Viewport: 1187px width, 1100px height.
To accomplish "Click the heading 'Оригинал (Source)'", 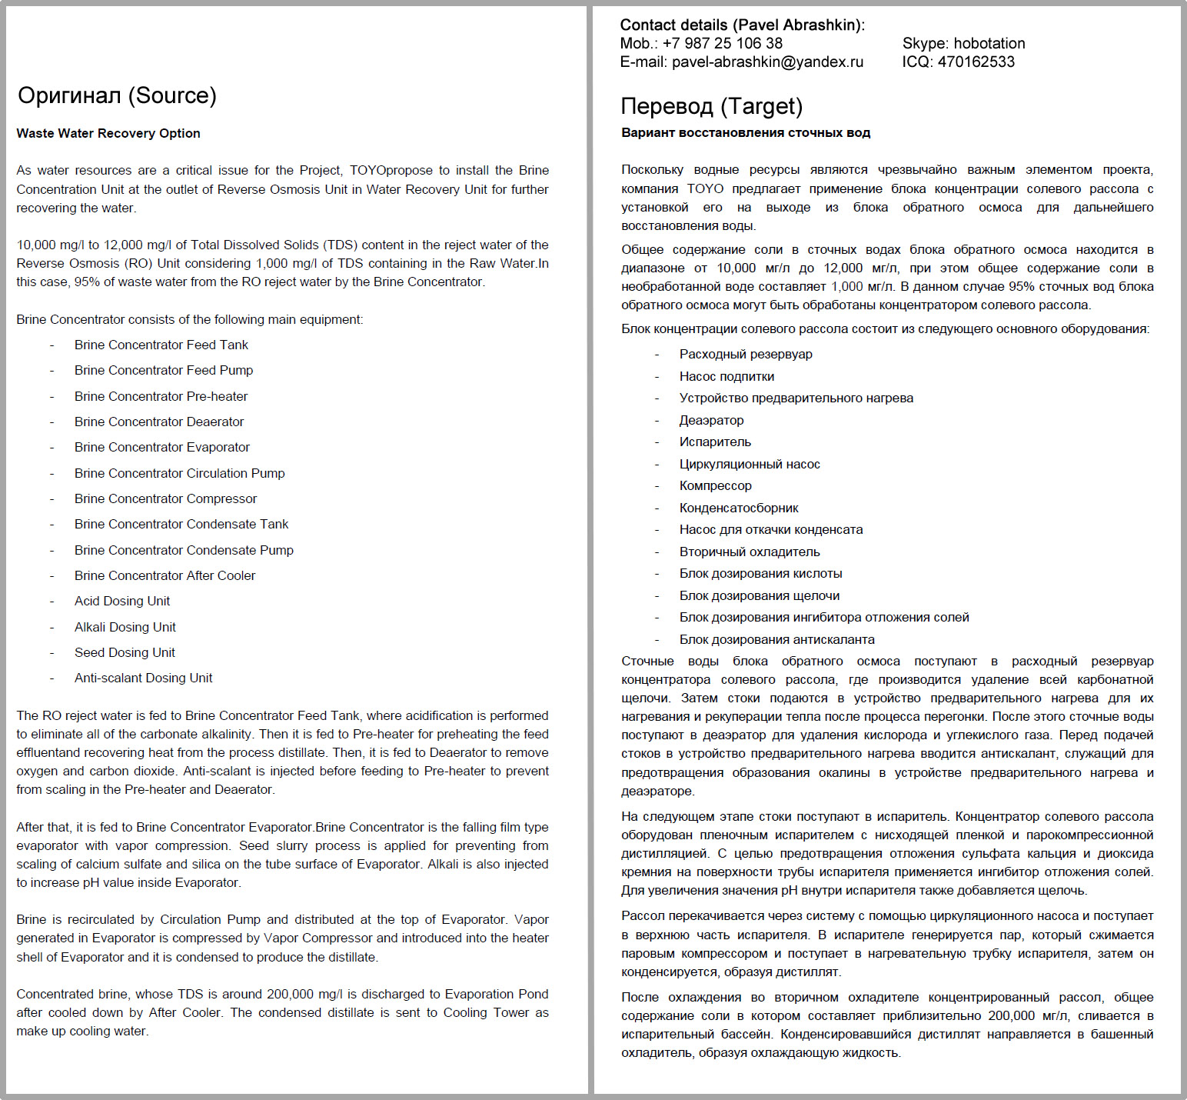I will [x=117, y=95].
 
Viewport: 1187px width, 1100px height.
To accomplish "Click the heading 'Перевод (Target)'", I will [x=711, y=106].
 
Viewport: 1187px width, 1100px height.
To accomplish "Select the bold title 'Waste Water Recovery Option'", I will [x=108, y=133].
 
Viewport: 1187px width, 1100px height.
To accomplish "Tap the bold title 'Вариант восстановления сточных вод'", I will [x=746, y=132].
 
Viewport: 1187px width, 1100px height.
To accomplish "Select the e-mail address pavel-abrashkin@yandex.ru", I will [x=767, y=62].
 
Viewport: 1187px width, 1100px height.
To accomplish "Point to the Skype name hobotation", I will [x=989, y=44].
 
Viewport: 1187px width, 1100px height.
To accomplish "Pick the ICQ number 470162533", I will [x=976, y=62].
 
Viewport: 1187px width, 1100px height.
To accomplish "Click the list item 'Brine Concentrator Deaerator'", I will [x=159, y=422].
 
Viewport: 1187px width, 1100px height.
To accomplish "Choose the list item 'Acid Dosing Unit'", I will [x=122, y=601].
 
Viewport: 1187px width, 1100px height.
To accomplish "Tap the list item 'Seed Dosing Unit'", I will [x=125, y=652].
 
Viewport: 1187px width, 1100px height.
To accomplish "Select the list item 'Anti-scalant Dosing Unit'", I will [x=144, y=678].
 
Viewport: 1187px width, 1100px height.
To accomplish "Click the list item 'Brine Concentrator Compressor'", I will [x=165, y=498].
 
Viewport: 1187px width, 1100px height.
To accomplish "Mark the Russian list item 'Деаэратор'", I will [x=711, y=420].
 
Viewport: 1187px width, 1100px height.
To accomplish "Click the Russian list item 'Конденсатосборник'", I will [x=739, y=508].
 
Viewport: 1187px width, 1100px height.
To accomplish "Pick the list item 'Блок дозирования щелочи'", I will [x=760, y=595].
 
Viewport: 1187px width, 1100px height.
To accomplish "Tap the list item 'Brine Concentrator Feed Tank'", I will [x=161, y=345].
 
